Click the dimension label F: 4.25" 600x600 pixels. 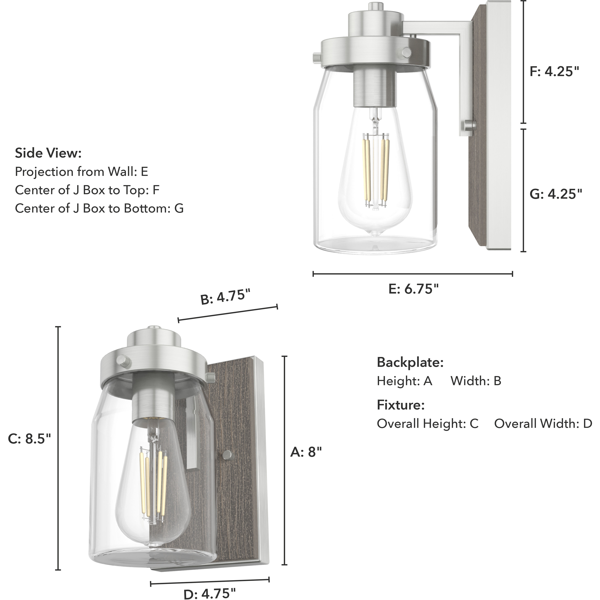click(x=554, y=72)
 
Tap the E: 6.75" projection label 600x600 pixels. click(x=413, y=289)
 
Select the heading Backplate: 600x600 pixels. click(x=410, y=362)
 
